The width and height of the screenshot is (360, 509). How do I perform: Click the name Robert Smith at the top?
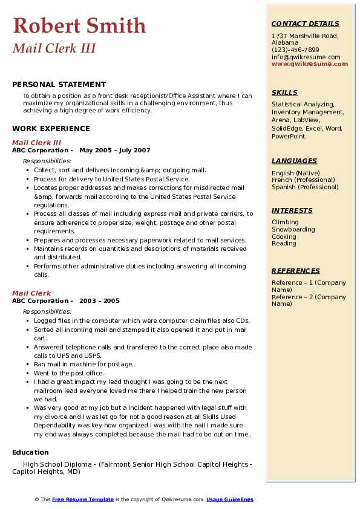[x=79, y=25]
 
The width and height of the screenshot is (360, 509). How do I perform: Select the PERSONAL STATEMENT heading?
[x=59, y=85]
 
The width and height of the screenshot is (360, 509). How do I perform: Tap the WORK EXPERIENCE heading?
[x=51, y=128]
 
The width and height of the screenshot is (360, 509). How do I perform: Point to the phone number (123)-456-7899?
[x=295, y=50]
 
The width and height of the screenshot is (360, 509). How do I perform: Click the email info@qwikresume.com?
[x=306, y=57]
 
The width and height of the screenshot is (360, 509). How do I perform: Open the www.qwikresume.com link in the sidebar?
[x=310, y=63]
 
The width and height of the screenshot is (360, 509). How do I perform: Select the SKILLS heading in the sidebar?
[x=284, y=92]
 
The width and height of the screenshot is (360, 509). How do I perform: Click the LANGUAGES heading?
[x=294, y=161]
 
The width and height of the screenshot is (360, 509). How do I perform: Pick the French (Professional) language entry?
[x=304, y=180]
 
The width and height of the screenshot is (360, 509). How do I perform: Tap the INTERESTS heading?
[x=292, y=210]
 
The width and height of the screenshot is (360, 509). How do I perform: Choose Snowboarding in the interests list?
[x=293, y=230]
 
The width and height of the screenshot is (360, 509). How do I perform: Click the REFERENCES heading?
[x=295, y=271]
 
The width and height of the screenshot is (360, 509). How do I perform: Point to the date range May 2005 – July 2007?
[x=115, y=151]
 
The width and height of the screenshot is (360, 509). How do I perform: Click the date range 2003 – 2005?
[x=99, y=301]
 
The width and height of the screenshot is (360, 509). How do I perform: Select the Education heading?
[x=30, y=452]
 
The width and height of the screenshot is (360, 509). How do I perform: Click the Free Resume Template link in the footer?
[x=82, y=499]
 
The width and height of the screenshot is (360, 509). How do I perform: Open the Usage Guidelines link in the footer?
[x=229, y=499]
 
